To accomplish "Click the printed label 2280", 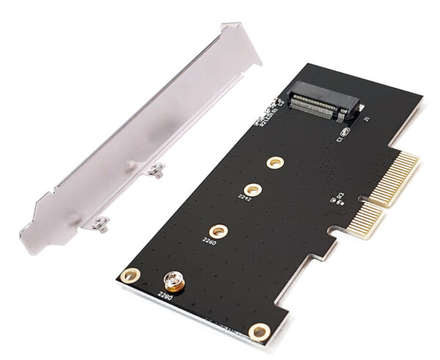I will click(167, 295).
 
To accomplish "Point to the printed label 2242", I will click(245, 198).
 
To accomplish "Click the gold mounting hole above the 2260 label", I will click(218, 229).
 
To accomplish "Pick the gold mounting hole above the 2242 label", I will click(252, 188).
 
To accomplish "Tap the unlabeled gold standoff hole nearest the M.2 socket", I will click(274, 161).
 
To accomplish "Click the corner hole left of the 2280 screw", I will click(130, 276).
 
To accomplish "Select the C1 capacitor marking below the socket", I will click(341, 136).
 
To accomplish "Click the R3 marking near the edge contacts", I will click(340, 196).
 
